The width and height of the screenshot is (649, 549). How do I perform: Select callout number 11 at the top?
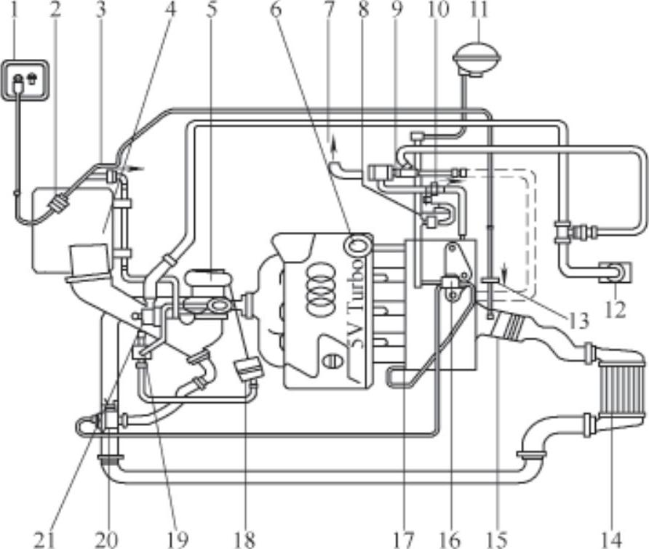point(479,9)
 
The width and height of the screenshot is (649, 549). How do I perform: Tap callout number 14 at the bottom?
point(613,539)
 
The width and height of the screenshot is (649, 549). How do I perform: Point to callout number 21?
point(43,539)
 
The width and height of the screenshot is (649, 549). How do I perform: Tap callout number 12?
point(615,310)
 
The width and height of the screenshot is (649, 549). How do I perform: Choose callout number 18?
point(246,539)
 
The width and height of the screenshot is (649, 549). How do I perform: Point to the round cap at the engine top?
point(358,246)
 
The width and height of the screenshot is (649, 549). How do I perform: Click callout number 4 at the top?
point(170,11)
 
